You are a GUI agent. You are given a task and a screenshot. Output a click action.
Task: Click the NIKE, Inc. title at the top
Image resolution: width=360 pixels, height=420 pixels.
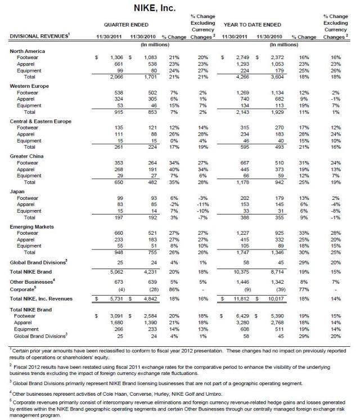click(x=179, y=8)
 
